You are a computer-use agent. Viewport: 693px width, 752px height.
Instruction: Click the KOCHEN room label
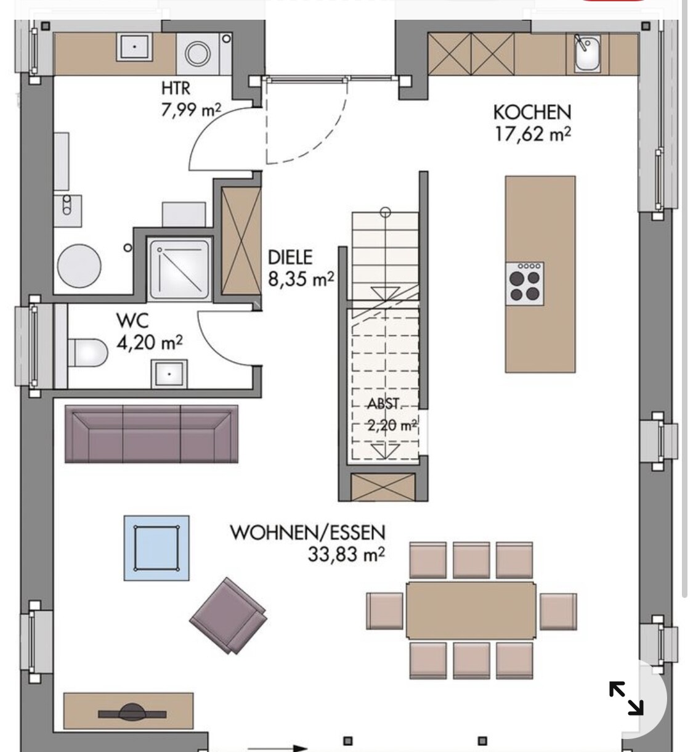pos(532,112)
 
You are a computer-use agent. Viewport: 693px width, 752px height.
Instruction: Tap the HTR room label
pos(176,89)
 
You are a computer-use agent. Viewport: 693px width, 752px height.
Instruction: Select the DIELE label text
pos(290,258)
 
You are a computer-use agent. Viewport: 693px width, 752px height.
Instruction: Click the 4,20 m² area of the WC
pos(150,343)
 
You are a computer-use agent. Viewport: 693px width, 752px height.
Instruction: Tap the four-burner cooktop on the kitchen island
pos(525,284)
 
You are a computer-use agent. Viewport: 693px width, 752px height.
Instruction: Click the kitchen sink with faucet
pos(587,53)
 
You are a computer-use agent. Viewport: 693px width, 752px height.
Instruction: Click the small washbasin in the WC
pos(169,374)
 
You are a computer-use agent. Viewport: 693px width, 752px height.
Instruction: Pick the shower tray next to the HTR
pos(180,269)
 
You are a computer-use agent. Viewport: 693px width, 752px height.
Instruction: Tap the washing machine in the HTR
pos(198,54)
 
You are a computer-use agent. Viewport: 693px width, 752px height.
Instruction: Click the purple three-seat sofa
pos(152,434)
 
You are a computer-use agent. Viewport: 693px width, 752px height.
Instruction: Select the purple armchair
pos(228,615)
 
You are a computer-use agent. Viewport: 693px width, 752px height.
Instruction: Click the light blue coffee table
pos(156,548)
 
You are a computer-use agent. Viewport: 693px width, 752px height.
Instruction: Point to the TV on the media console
pos(132,714)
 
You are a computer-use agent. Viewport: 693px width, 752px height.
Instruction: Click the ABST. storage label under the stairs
pos(384,404)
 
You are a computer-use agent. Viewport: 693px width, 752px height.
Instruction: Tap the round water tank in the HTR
pos(79,266)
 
